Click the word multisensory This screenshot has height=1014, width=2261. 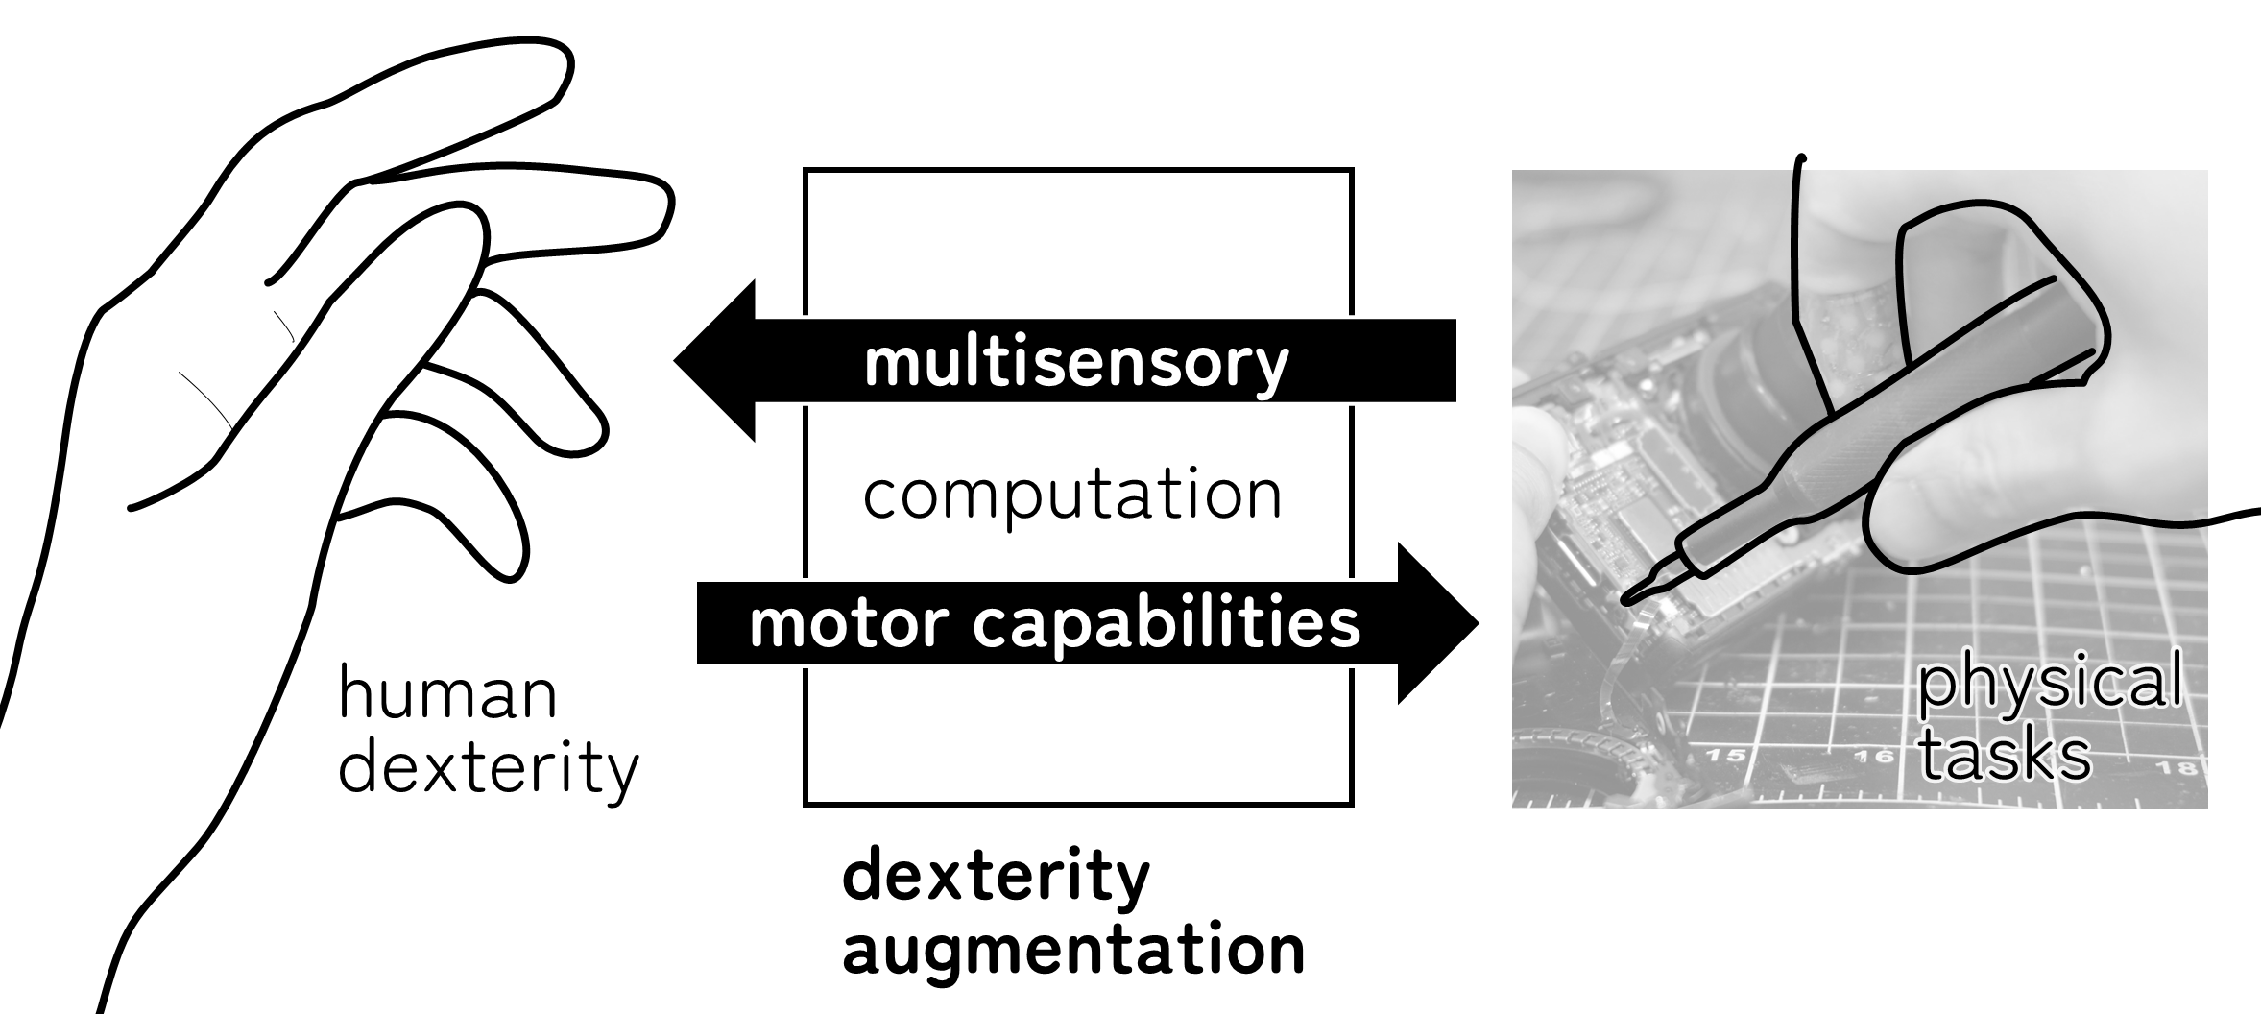coord(1075,364)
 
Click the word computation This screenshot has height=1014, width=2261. coord(1072,496)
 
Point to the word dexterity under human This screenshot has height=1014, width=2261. coord(489,769)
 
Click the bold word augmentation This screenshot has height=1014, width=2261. coord(1072,950)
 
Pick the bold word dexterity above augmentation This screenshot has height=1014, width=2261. coord(995,878)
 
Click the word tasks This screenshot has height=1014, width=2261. coord(2005,756)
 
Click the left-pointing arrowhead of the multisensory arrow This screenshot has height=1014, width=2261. coord(715,360)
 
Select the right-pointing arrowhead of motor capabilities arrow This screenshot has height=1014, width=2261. coord(1436,624)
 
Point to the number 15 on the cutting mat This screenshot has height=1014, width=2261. coord(1727,757)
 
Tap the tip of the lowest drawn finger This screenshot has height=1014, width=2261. coord(514,567)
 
